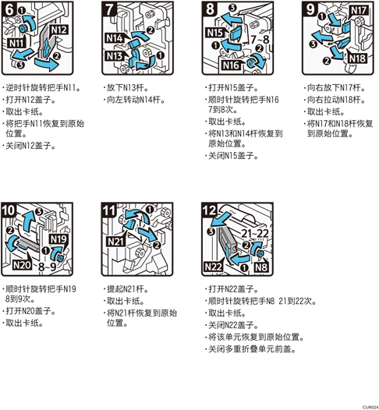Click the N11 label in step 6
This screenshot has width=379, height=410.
[x=16, y=43]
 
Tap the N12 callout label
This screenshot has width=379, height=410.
[x=59, y=30]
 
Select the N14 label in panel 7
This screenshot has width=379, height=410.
[x=115, y=38]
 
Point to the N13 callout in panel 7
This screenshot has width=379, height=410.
[x=115, y=55]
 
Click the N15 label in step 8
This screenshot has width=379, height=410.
[x=215, y=33]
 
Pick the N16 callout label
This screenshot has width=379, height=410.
[x=231, y=65]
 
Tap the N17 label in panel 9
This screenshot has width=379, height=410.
[x=359, y=10]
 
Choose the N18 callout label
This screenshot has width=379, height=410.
[x=357, y=58]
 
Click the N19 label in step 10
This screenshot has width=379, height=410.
[x=58, y=239]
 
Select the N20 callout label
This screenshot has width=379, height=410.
[x=22, y=266]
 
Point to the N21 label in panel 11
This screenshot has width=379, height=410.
[x=115, y=242]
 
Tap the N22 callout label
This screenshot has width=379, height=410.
[x=214, y=267]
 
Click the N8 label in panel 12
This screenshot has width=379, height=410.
[x=261, y=267]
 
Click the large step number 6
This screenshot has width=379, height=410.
[x=9, y=9]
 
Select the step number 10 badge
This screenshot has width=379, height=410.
[x=9, y=210]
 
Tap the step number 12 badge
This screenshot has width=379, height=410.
[x=209, y=210]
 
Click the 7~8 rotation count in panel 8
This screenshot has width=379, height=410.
[x=260, y=40]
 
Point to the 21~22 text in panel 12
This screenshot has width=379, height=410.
[x=255, y=233]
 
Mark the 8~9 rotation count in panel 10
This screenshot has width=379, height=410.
[x=48, y=267]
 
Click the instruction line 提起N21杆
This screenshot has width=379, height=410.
[x=128, y=289]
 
